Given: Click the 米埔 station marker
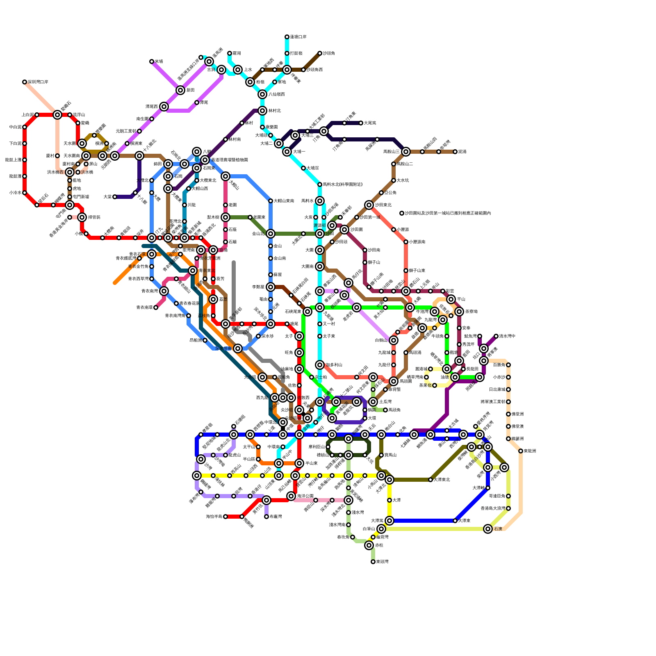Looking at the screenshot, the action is click(x=152, y=61).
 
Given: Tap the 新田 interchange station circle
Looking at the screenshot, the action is click(x=180, y=90).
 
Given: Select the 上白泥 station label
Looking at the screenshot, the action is click(x=27, y=115).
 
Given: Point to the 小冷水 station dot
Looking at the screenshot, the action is click(x=25, y=193).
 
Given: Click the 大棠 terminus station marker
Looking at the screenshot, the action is click(x=115, y=197).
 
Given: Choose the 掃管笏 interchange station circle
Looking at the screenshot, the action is click(x=82, y=217).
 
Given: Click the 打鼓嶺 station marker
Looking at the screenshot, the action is click(x=287, y=53).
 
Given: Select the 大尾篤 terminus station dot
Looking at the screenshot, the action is click(x=361, y=123).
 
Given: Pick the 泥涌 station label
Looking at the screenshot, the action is click(x=462, y=152).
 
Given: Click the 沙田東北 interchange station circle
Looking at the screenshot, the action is click(x=369, y=205).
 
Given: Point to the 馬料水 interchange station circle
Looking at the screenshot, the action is click(x=320, y=201).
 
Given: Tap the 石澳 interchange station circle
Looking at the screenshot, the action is click(x=488, y=529).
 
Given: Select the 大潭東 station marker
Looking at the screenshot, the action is click(x=455, y=521).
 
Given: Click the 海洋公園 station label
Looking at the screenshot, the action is click(x=305, y=496).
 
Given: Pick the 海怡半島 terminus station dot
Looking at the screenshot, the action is click(x=225, y=517).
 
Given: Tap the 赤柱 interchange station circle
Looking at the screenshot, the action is click(x=369, y=545).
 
